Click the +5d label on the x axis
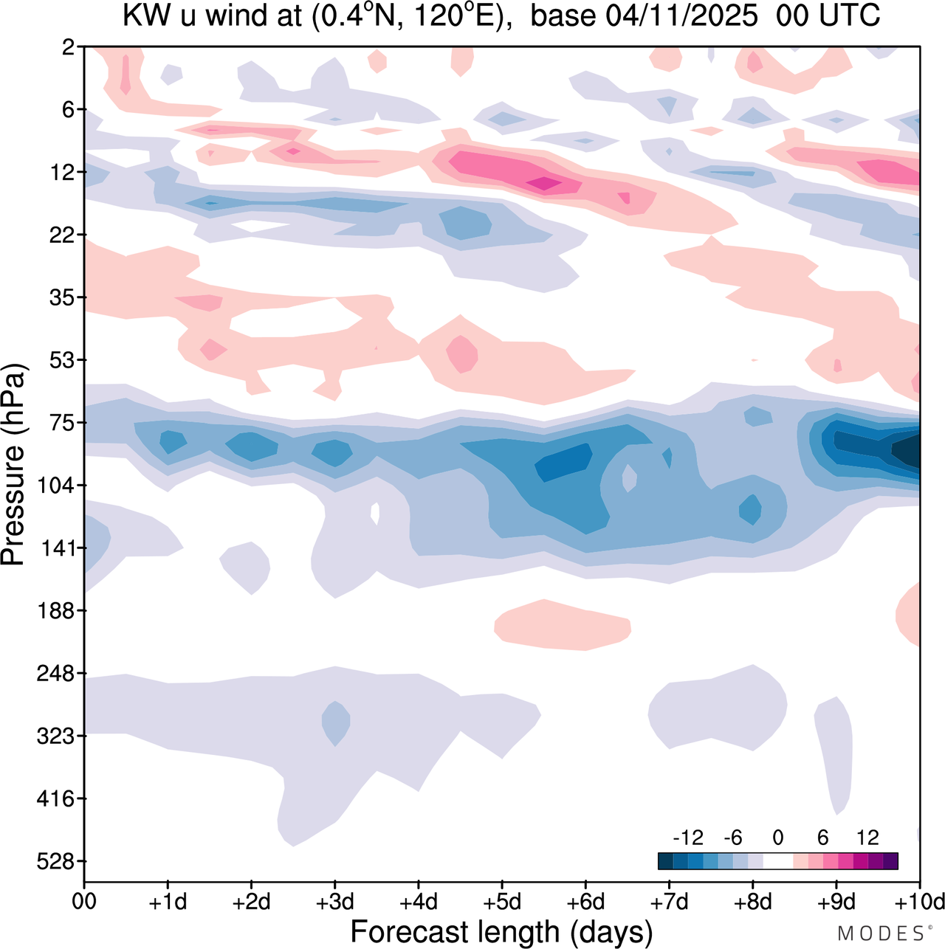click(501, 903)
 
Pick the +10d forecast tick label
click(919, 903)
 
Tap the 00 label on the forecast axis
click(84, 903)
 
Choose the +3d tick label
click(334, 903)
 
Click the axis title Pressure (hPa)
click(13, 465)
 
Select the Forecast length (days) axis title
click(501, 932)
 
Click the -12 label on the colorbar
click(688, 838)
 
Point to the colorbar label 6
click(822, 838)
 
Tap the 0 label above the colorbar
click(777, 838)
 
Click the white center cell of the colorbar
click(777, 861)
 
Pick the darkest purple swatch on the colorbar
click(890, 861)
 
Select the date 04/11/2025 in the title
click(681, 16)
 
